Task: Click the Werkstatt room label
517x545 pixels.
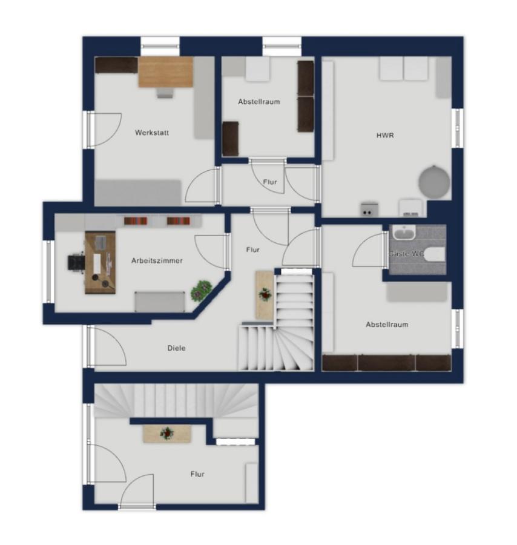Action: click(x=152, y=133)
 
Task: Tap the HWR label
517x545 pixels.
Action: click(x=385, y=135)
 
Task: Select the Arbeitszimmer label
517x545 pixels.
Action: click(x=157, y=260)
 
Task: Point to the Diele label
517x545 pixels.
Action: click(x=177, y=348)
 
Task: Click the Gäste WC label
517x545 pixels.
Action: click(x=406, y=254)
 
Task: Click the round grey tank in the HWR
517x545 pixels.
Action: click(x=434, y=182)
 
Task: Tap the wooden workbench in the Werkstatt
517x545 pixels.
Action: click(x=165, y=72)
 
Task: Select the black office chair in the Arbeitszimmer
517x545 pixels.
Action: click(x=76, y=262)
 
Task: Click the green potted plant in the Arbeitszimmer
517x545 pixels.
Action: click(x=202, y=291)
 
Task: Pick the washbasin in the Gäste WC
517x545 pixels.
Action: click(x=404, y=233)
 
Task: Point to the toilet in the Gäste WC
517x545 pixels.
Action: click(x=435, y=254)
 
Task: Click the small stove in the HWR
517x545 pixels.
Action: click(x=369, y=210)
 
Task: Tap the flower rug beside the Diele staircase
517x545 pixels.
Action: click(x=265, y=295)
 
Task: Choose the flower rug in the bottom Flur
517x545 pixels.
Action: click(x=167, y=434)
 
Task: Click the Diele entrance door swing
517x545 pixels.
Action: click(x=107, y=346)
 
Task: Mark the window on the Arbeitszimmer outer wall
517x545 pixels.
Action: click(x=48, y=271)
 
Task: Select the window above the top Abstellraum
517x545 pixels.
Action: click(x=282, y=46)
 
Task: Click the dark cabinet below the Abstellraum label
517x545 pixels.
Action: click(x=231, y=139)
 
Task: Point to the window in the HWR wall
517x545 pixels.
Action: click(x=457, y=128)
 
